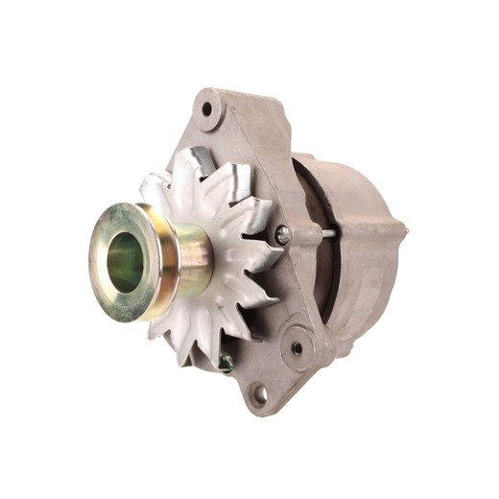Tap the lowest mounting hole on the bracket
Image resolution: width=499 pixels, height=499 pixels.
[x=260, y=392]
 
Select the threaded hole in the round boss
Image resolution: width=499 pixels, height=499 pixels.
[x=297, y=348]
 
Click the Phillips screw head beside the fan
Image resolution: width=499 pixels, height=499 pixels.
[x=282, y=233]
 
